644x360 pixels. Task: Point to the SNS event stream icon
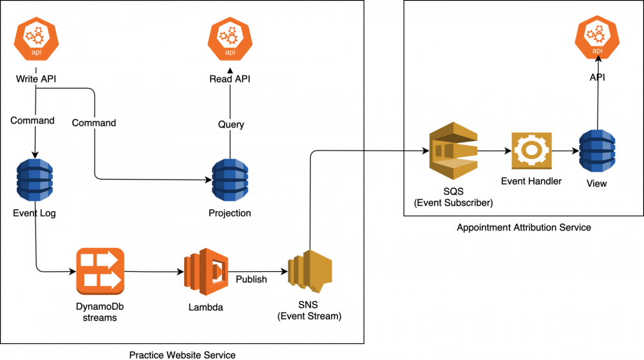pos(311,272)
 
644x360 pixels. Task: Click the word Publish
pos(252,279)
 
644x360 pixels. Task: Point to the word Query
pos(231,124)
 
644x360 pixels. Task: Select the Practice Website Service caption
pos(182,354)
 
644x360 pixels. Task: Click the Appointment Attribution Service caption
pos(524,227)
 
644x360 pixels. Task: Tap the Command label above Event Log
pos(32,120)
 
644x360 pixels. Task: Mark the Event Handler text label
pos(531,181)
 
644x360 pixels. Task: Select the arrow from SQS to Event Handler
pos(494,152)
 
